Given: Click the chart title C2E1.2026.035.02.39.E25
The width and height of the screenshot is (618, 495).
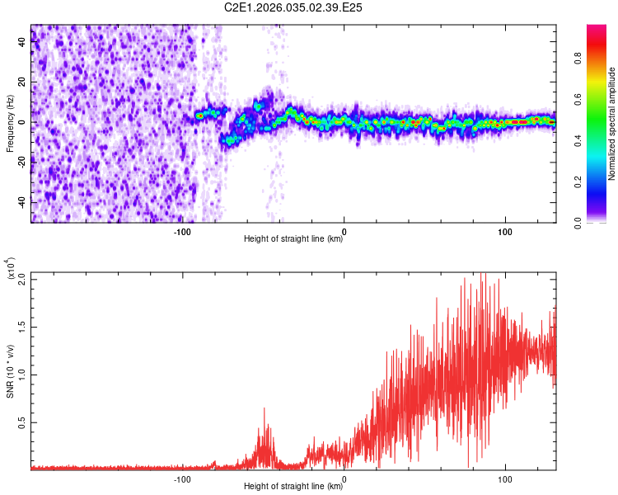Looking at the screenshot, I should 293,7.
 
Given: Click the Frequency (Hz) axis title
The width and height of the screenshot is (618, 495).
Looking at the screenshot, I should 10,124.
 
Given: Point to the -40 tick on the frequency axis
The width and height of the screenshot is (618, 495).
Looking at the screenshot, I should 22,202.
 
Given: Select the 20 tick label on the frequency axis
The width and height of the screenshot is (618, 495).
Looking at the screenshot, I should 22,82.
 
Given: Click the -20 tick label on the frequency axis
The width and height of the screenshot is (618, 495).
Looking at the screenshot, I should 22,163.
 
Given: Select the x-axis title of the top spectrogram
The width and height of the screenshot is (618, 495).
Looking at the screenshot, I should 293,239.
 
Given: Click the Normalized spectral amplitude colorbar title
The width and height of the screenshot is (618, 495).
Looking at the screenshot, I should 611,124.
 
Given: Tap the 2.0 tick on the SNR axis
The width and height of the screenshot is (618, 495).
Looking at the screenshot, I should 22,278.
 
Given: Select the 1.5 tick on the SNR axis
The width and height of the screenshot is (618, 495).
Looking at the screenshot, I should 22,326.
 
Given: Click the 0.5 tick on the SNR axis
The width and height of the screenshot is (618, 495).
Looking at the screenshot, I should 22,422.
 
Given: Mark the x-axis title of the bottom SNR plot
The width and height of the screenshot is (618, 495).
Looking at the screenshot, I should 293,487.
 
